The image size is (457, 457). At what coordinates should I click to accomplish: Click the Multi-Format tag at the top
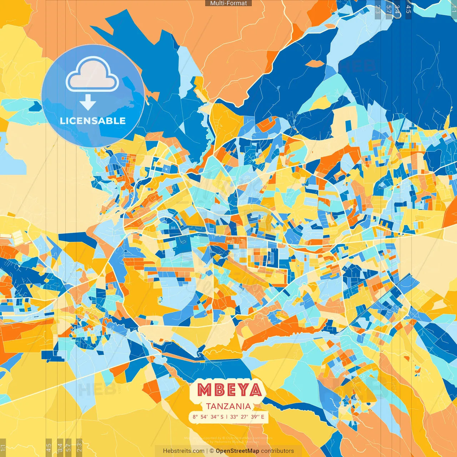pos(228,3)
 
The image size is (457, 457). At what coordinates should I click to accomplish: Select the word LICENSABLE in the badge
pos(93,121)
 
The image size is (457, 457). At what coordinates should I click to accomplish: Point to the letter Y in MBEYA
pos(242,390)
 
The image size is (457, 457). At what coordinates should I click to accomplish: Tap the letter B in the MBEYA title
pos(218,390)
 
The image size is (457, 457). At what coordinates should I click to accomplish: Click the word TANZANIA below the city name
pos(228,406)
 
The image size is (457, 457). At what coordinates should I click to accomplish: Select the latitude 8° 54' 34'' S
pos(208,417)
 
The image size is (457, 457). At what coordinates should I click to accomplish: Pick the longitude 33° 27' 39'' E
pos(247,417)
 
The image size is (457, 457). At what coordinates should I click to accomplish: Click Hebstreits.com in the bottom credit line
pos(184,451)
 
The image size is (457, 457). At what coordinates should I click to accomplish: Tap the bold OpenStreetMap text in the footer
pos(237,451)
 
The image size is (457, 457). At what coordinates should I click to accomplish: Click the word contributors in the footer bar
pos(277,451)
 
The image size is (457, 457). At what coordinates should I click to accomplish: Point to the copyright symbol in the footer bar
pos(212,451)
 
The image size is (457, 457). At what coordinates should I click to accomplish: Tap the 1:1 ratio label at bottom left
pos(3,448)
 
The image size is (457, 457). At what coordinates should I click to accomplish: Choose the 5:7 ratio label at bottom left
pos(68,447)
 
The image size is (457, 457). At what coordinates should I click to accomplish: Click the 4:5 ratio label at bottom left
pos(49,447)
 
